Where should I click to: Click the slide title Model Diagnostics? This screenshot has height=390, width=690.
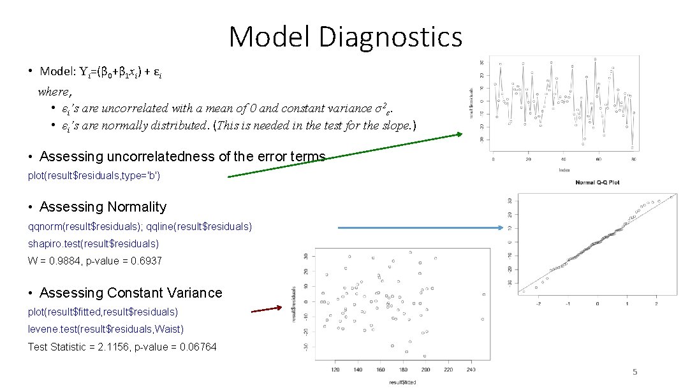[x=345, y=36]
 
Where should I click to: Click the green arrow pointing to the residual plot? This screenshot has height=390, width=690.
[x=344, y=155]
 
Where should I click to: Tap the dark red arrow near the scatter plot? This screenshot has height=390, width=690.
[x=266, y=310]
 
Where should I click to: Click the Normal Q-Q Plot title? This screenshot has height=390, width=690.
[x=597, y=182]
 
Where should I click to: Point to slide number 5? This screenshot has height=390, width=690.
[x=635, y=372]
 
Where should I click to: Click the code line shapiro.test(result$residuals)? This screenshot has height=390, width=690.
[x=93, y=243]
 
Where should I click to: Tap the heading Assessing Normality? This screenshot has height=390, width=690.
[x=103, y=207]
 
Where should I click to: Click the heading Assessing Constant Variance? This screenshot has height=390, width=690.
[x=131, y=293]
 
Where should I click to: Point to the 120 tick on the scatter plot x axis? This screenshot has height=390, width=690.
[x=335, y=370]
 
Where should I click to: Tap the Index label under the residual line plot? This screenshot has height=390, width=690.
[x=564, y=170]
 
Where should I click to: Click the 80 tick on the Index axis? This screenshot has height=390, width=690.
[x=633, y=159]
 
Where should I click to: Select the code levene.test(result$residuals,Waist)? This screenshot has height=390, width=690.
[x=105, y=329]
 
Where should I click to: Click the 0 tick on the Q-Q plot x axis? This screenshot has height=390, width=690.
[x=598, y=303]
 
